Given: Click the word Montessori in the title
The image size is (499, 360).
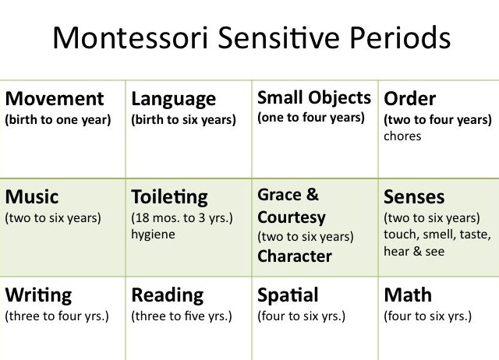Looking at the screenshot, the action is point(130,37).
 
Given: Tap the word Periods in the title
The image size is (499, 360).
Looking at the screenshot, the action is point(400,37).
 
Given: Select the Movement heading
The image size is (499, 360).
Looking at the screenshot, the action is point(55,99).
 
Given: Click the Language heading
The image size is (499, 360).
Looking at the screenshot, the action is point(173,100).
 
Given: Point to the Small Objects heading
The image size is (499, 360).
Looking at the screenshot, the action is point(314,98).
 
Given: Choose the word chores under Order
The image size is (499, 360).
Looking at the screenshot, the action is point(402,136).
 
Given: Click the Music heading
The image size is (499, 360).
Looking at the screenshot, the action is point(32,197).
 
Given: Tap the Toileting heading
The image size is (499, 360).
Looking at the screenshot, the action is point(170,198).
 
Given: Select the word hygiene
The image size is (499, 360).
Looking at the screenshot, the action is point(153,235).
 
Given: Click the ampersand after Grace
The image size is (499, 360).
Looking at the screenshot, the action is point(312,194).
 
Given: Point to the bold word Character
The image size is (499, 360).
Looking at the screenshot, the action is point(295,256).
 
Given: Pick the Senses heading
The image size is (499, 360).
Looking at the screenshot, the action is point(414,197).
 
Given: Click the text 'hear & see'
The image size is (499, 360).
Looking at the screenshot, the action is point(414,251).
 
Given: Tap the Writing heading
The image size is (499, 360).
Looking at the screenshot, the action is point(38,296).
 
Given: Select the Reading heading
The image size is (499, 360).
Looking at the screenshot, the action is point(168,296).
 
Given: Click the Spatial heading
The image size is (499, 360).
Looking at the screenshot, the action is point(288,296).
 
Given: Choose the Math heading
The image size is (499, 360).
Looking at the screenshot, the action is point(408,295).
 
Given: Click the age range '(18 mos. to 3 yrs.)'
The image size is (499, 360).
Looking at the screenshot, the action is point(182,218).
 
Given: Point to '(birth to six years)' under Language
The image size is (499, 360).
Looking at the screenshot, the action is point(184,120).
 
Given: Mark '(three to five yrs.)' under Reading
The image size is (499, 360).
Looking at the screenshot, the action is point(182,316).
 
